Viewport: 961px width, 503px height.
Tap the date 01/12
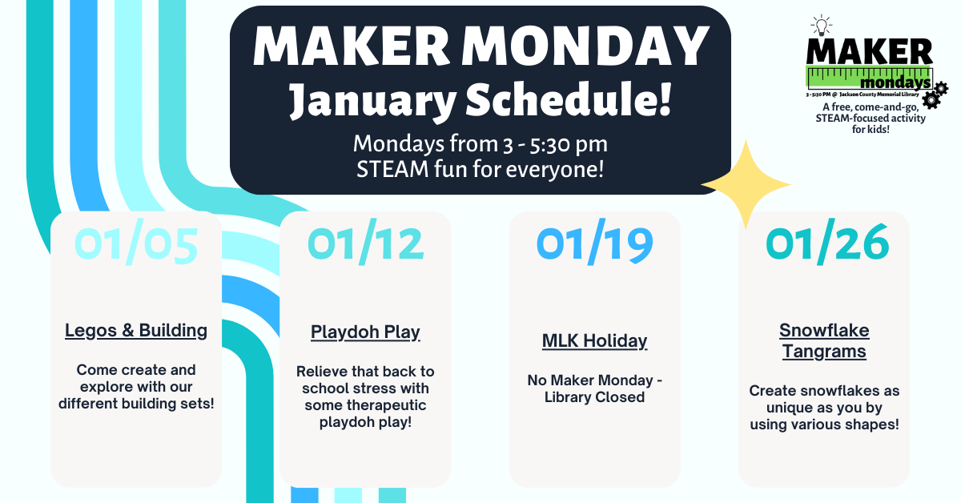[365, 245]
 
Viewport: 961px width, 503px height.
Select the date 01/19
[595, 245]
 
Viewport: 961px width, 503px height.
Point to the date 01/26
[827, 245]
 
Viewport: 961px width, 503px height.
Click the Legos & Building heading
[136, 330]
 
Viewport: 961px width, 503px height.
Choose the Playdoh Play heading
[365, 332]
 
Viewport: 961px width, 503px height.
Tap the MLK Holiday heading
[594, 340]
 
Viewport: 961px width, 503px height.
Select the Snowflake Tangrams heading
[824, 340]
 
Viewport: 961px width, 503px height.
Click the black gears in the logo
[934, 94]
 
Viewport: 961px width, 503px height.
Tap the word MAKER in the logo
[869, 52]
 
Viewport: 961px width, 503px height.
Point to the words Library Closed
[594, 396]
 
